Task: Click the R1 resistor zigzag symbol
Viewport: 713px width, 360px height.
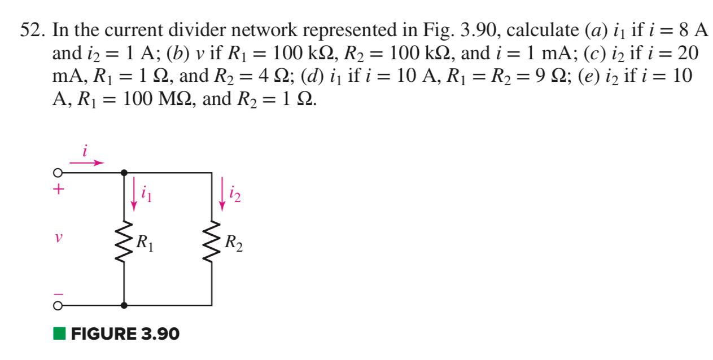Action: tap(124, 244)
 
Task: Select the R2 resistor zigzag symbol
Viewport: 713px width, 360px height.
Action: tap(212, 244)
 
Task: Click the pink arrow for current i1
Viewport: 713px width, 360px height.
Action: tap(134, 195)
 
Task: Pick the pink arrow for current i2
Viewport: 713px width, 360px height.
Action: tap(222, 195)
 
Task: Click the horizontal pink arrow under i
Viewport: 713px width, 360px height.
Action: tap(90, 163)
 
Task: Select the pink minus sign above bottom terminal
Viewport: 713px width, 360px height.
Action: tap(56, 294)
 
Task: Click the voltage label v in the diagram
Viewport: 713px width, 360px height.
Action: tap(56, 239)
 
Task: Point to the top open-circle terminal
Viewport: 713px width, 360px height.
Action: tap(57, 172)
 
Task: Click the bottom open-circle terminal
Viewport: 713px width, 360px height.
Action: tap(57, 305)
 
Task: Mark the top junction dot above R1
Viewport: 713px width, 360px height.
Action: tap(124, 172)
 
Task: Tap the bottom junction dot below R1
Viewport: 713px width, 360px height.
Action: tap(124, 305)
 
